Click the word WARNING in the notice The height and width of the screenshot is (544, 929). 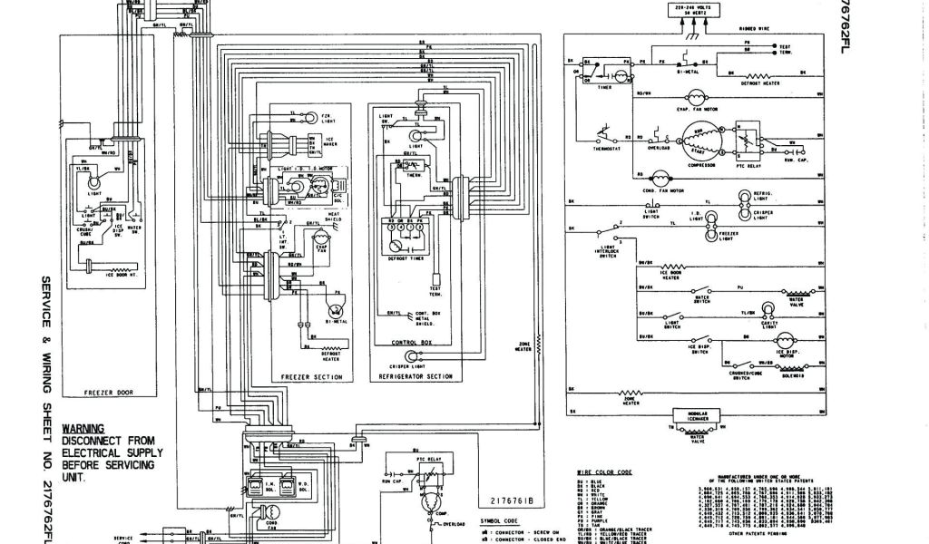83,429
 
